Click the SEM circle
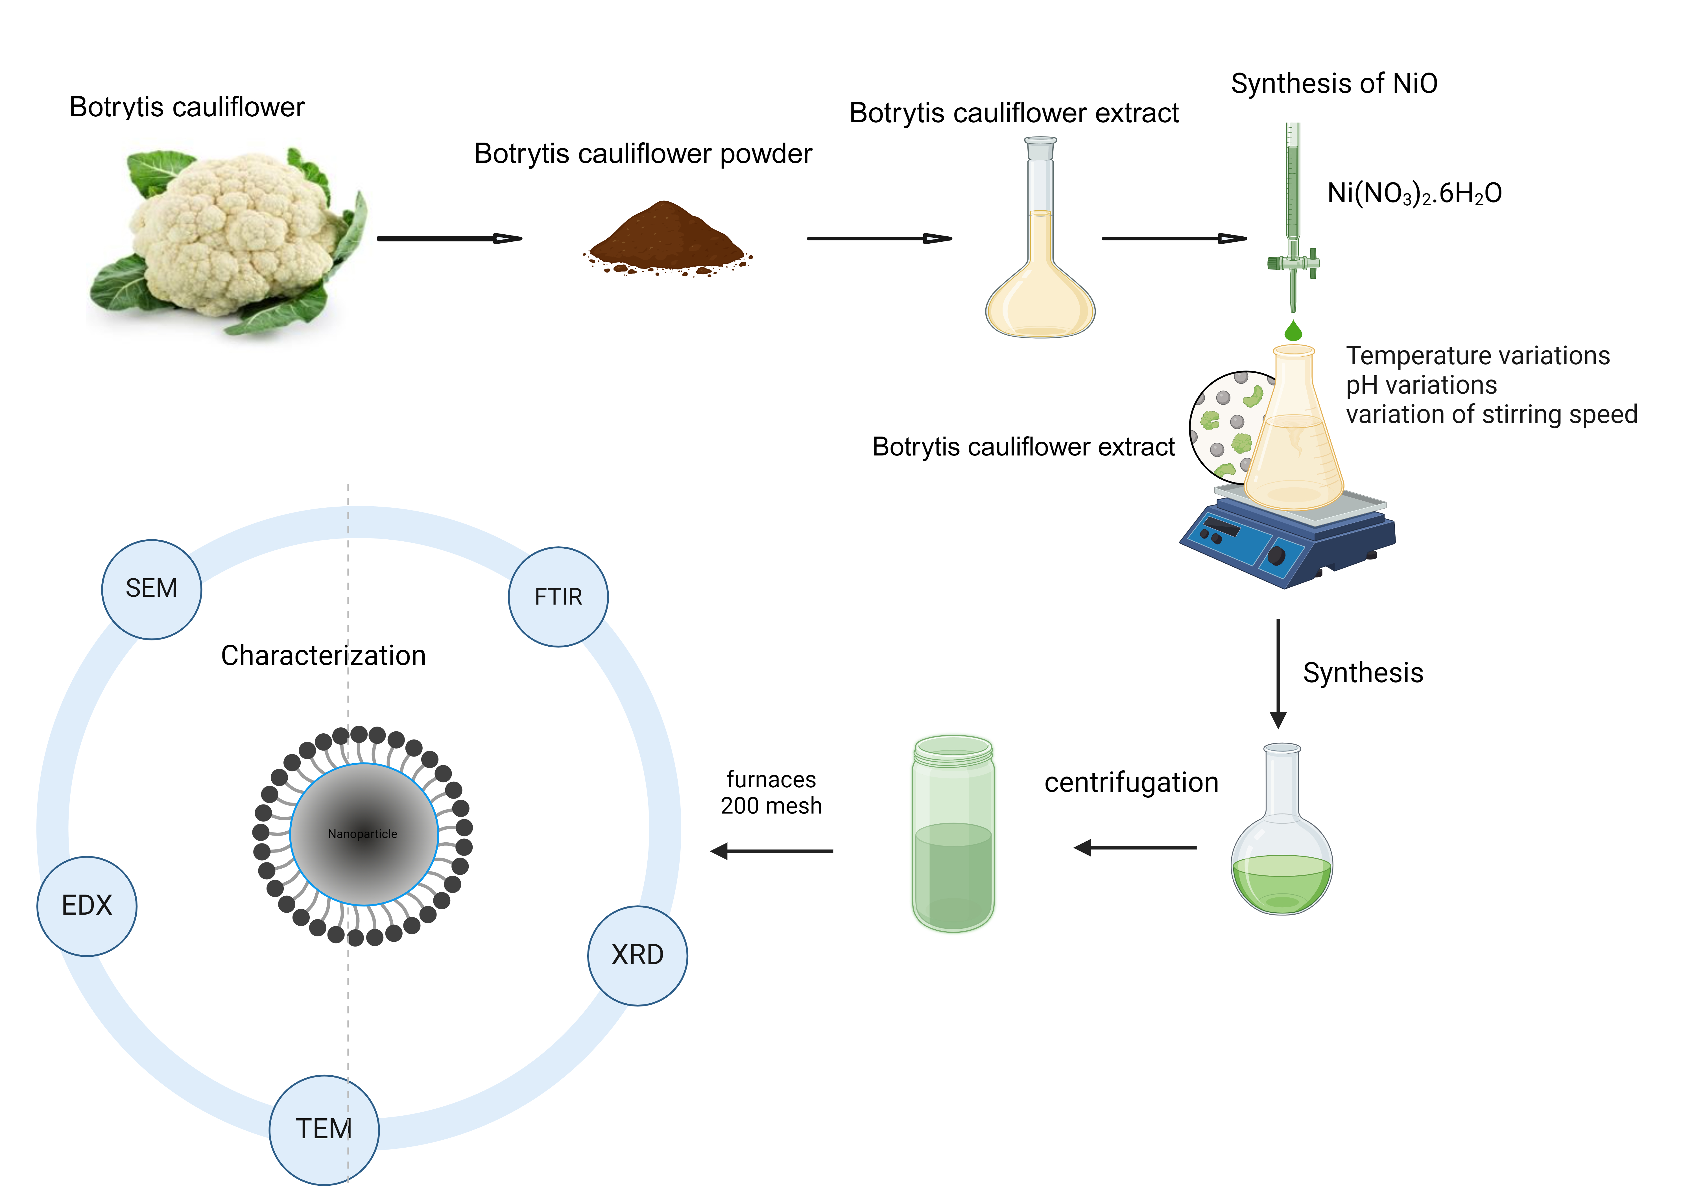click(151, 589)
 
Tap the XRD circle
click(638, 955)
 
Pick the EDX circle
click(87, 906)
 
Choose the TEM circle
click(324, 1129)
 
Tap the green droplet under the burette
click(1293, 331)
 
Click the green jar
click(953, 834)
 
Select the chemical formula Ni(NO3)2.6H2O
click(1414, 193)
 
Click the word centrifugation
click(1131, 782)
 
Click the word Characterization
click(323, 655)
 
